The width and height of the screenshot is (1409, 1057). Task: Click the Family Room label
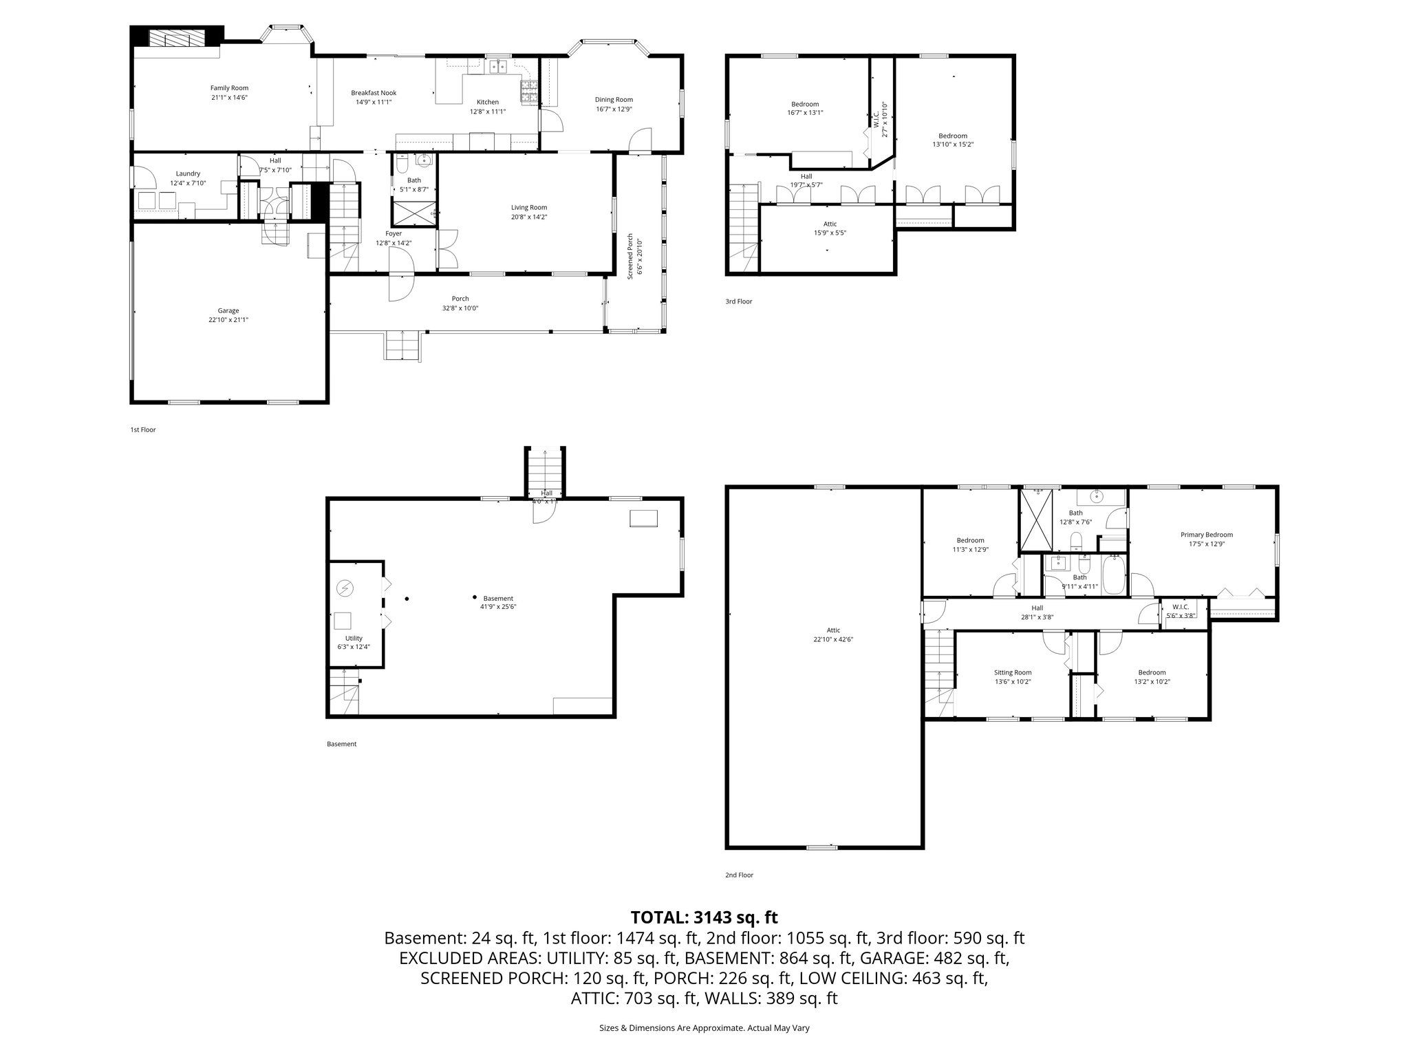point(229,87)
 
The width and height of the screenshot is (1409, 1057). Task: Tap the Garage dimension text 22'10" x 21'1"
point(228,319)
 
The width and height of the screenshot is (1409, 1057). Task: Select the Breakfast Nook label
point(374,93)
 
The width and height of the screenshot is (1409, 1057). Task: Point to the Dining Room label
point(614,100)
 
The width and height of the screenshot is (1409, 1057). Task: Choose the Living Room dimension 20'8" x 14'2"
point(528,217)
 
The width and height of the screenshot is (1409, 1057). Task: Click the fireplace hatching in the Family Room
point(177,37)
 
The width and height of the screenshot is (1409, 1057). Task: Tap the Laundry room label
point(188,173)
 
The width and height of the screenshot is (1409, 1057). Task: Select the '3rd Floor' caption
point(738,301)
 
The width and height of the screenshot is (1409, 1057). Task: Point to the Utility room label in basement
point(354,638)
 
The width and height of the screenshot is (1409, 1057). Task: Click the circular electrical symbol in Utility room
point(345,588)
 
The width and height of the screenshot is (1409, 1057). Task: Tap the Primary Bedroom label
point(1206,535)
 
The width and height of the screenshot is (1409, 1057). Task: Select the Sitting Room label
point(1012,672)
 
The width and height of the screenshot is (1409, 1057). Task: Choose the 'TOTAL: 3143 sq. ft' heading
point(704,917)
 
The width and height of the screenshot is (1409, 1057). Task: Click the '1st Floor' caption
point(143,429)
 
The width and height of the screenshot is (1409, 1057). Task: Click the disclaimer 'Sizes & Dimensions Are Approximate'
point(704,1028)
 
